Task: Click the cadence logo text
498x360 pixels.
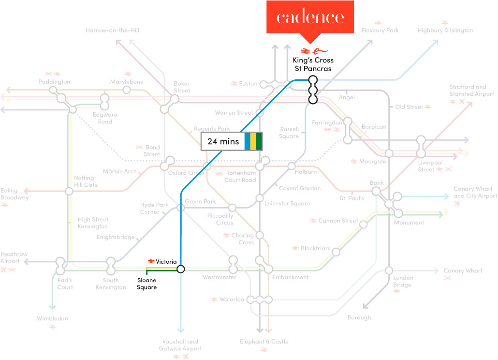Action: (x=310, y=17)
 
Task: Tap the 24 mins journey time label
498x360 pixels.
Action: (x=223, y=141)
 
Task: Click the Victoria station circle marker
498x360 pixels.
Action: (x=181, y=269)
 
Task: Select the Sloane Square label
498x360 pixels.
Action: (x=146, y=284)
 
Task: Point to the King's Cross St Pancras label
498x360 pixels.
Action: (x=313, y=64)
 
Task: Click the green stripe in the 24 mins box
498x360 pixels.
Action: (x=259, y=141)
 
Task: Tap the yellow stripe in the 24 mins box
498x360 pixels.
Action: (x=253, y=141)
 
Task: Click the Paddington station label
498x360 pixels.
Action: (x=54, y=82)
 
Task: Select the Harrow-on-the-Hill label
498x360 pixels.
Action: (x=113, y=30)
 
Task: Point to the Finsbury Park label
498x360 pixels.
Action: (x=380, y=30)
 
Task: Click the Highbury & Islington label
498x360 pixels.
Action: (x=445, y=30)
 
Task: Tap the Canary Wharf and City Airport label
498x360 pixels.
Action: (x=475, y=192)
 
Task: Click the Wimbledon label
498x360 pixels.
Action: (x=52, y=318)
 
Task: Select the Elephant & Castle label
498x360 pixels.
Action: (x=264, y=342)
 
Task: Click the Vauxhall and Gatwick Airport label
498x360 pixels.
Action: (x=180, y=345)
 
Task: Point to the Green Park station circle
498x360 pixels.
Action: (x=181, y=208)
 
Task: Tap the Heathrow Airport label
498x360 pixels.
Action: (x=14, y=258)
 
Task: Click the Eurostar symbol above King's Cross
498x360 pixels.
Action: (x=320, y=51)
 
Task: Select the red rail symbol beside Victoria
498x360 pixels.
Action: (x=151, y=261)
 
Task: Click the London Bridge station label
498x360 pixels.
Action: (x=403, y=281)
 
